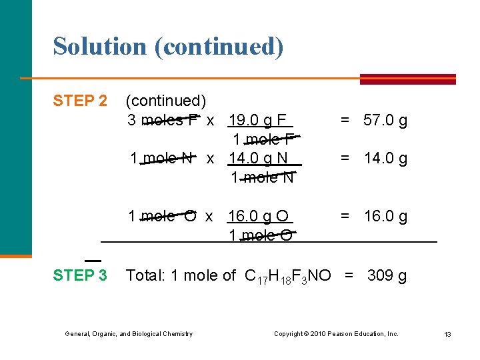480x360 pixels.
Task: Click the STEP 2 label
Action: click(x=79, y=101)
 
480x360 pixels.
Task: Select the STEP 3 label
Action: click(x=79, y=275)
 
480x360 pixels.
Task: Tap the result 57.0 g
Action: click(x=385, y=121)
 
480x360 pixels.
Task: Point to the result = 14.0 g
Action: click(x=374, y=159)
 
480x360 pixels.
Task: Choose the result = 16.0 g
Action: click(x=374, y=217)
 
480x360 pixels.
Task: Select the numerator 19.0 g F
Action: click(x=257, y=121)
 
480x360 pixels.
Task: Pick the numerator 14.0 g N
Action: click(x=258, y=159)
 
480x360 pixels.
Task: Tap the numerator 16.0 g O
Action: click(x=258, y=217)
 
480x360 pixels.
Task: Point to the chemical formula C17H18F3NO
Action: click(x=287, y=276)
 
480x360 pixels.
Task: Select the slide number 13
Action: click(x=448, y=334)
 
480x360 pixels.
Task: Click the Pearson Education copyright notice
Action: click(x=336, y=333)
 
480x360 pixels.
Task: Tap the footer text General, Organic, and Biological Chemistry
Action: click(x=129, y=333)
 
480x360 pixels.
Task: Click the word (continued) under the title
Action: click(x=166, y=101)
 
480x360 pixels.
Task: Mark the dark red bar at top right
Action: click(x=407, y=79)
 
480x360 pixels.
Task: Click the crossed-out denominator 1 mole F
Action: click(x=264, y=140)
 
